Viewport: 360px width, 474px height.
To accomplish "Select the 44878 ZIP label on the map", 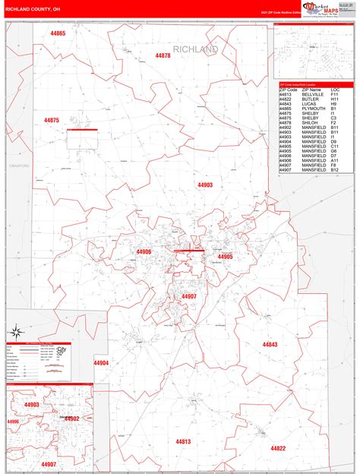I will pyautogui.click(x=163, y=55).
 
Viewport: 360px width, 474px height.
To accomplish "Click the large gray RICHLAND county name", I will pyautogui.click(x=196, y=49).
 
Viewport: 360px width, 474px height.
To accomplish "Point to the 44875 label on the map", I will pyautogui.click(x=52, y=121).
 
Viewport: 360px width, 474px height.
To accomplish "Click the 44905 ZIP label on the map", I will pyautogui.click(x=225, y=257).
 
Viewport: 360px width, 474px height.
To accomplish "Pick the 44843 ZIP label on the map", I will pyautogui.click(x=270, y=344).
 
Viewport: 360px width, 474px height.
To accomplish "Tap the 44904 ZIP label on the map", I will pyautogui.click(x=100, y=363).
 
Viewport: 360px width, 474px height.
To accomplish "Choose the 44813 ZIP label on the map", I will pyautogui.click(x=183, y=441).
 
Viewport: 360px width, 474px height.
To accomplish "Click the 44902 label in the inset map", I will pyautogui.click(x=71, y=419).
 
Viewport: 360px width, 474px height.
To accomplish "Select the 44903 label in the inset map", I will pyautogui.click(x=31, y=405).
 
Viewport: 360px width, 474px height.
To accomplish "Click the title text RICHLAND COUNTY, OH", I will pyautogui.click(x=31, y=9).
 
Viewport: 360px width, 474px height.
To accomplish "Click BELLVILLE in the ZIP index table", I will pyautogui.click(x=313, y=95).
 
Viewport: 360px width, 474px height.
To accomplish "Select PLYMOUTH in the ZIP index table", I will pyautogui.click(x=313, y=109).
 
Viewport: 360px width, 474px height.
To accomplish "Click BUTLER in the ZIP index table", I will pyautogui.click(x=310, y=100).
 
